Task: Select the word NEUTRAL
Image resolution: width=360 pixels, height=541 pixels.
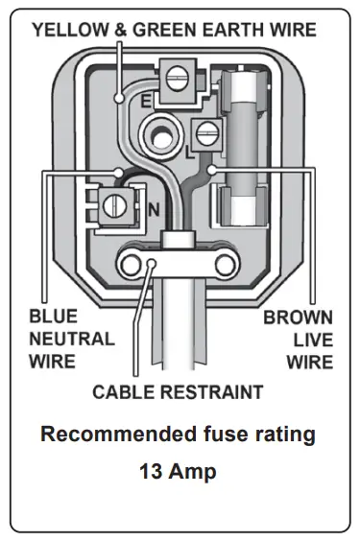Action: click(x=71, y=339)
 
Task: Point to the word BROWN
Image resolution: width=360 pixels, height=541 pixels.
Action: click(x=298, y=316)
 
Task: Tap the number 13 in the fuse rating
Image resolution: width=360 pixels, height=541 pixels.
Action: click(x=152, y=472)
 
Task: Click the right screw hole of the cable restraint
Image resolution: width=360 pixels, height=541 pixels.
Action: click(x=225, y=261)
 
